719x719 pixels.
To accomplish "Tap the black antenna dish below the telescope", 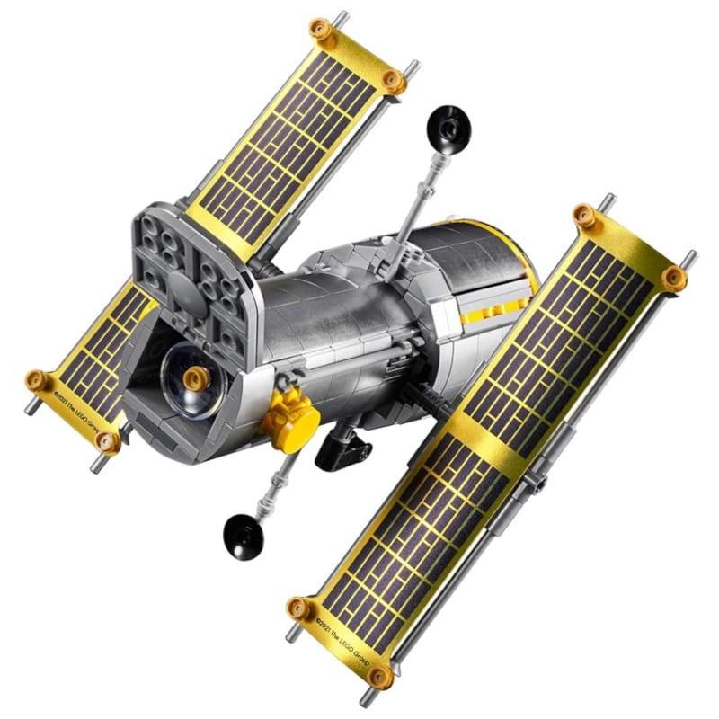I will click(x=243, y=537).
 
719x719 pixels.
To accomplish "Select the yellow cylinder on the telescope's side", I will click(x=291, y=421).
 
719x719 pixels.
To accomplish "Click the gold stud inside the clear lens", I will click(x=192, y=378).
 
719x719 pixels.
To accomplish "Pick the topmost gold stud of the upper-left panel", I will click(x=321, y=30).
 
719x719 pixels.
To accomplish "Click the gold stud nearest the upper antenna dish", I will click(x=393, y=79).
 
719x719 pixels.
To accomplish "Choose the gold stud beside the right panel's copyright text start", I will click(x=299, y=608).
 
